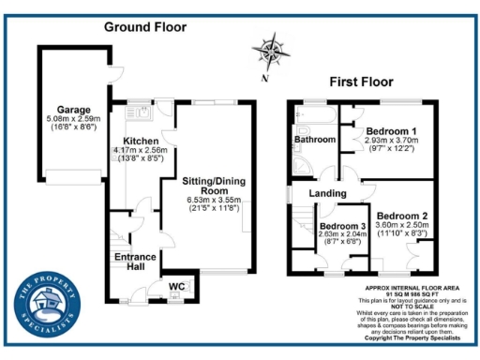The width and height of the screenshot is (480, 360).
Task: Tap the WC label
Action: pyautogui.click(x=176, y=286)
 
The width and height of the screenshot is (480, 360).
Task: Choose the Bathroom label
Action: pyautogui.click(x=314, y=140)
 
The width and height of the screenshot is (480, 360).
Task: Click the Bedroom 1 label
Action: pyautogui.click(x=392, y=130)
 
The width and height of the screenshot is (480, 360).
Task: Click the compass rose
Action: pyautogui.click(x=271, y=49)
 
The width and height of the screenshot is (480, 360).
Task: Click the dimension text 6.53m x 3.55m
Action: pyautogui.click(x=214, y=200)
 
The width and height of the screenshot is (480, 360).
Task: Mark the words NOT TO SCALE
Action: pyautogui.click(x=407, y=304)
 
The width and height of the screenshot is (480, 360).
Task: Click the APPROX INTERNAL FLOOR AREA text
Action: pyautogui.click(x=407, y=289)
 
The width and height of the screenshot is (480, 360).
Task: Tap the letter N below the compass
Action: pyautogui.click(x=266, y=78)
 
